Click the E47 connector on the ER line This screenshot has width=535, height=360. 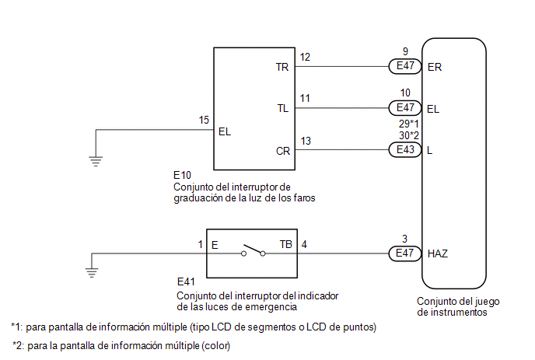point(404,67)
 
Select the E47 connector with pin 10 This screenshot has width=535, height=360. point(404,109)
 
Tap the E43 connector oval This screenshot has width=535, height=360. point(404,150)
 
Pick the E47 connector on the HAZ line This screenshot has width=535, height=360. point(404,253)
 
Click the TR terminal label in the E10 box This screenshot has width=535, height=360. point(282,68)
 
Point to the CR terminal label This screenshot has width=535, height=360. point(282,150)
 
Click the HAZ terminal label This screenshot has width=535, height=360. point(438,253)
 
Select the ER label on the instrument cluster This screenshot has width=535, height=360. point(435,68)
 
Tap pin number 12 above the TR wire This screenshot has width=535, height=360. point(305,58)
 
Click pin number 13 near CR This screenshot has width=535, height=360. point(305,141)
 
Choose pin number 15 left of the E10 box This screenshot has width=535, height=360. point(204,121)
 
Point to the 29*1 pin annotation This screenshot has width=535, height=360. point(409,124)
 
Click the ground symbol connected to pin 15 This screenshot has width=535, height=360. point(96,160)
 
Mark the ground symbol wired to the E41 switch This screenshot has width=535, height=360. point(93,271)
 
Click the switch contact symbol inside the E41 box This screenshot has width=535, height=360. point(253,251)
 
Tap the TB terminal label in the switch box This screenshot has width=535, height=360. point(286,245)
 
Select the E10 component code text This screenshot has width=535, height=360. point(184,177)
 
